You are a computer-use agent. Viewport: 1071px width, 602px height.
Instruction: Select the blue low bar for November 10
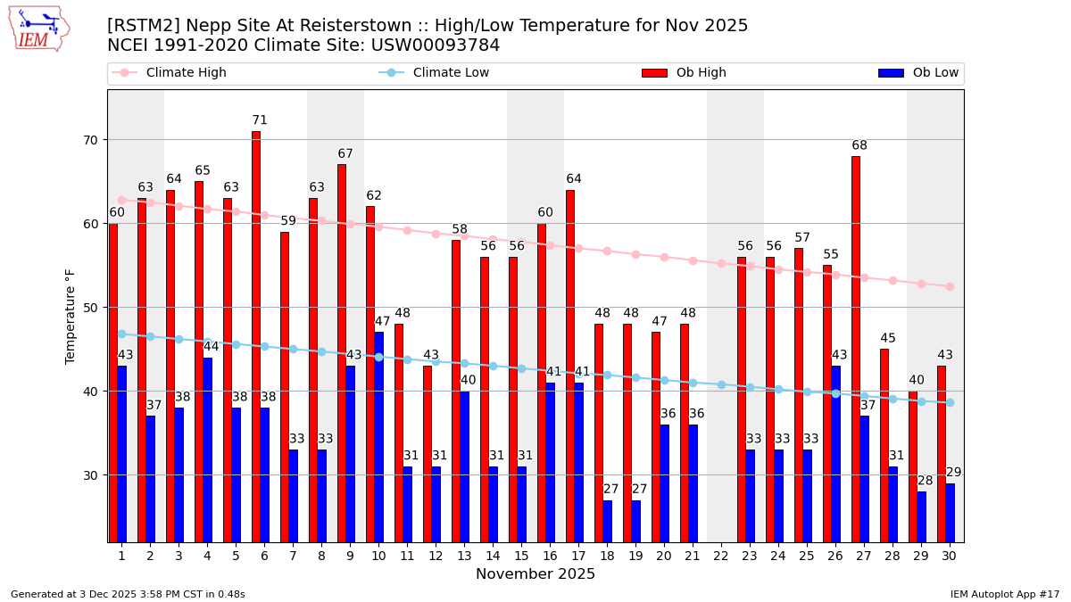(x=378, y=436)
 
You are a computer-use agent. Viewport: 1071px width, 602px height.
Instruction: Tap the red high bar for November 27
(x=856, y=349)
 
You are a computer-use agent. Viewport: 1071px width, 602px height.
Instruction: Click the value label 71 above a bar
(x=260, y=120)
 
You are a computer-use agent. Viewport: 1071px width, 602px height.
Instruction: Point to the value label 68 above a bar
(x=859, y=145)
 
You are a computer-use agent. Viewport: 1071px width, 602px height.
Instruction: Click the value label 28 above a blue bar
(x=926, y=481)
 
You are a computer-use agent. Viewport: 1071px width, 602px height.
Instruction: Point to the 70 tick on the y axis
(x=90, y=140)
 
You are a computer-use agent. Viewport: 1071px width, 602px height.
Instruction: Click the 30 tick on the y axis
(x=90, y=475)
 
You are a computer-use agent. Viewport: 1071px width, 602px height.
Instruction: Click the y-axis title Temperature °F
(x=71, y=316)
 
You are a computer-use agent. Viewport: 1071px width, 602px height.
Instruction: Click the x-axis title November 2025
(x=535, y=574)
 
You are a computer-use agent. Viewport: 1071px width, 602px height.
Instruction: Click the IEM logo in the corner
(x=38, y=29)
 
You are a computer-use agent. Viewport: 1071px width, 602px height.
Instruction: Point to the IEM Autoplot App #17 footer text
(x=1004, y=594)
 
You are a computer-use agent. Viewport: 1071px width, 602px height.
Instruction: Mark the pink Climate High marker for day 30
(x=950, y=286)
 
